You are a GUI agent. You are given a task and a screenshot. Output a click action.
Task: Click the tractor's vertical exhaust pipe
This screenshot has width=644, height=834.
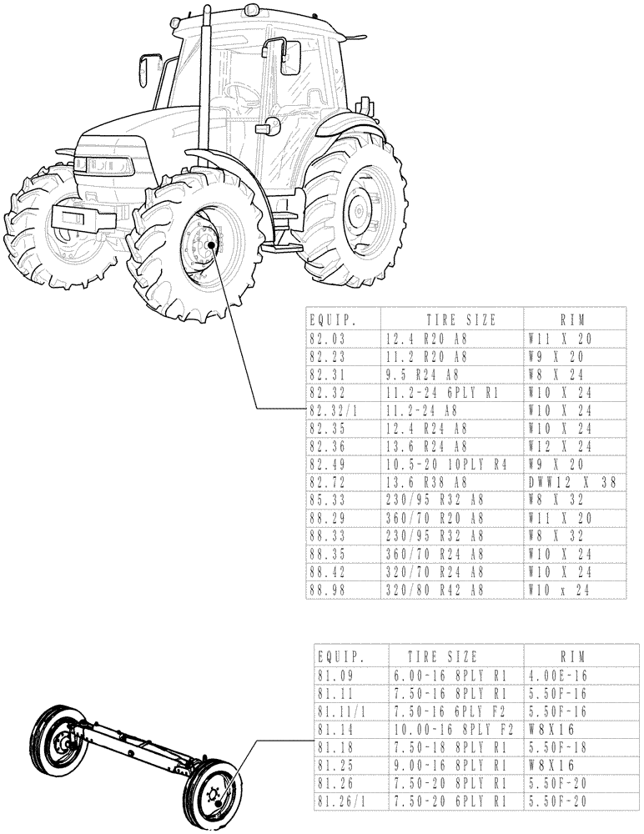click(x=204, y=83)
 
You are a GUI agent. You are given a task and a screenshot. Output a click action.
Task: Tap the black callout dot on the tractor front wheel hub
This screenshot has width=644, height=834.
click(x=212, y=245)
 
